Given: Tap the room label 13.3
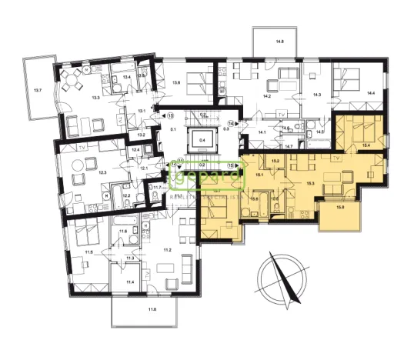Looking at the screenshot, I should click(95, 98).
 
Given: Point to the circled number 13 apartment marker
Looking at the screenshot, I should click(171, 115).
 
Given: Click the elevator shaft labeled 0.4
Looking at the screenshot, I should click(202, 141).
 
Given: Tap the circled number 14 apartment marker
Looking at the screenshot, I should click(232, 123).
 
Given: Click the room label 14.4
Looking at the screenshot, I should click(371, 92).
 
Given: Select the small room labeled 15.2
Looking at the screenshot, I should click(275, 161).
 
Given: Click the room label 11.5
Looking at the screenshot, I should click(88, 252).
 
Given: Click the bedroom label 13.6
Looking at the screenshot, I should click(176, 82).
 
